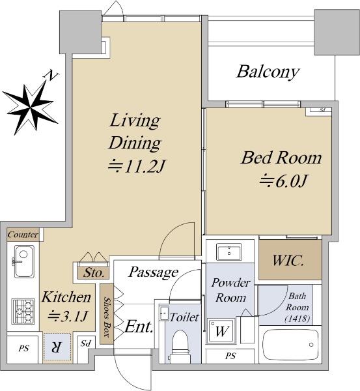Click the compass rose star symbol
pyautogui.click(x=31, y=108)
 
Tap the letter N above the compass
pyautogui.click(x=51, y=76)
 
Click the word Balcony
pyautogui.click(x=268, y=72)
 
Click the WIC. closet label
pyautogui.click(x=288, y=260)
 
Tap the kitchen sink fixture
pyautogui.click(x=24, y=261)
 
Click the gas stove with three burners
pyautogui.click(x=23, y=311)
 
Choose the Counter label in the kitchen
pyautogui.click(x=23, y=235)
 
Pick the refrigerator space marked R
pyautogui.click(x=57, y=347)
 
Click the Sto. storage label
pyautogui.click(x=94, y=273)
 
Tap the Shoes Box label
pyautogui.click(x=107, y=317)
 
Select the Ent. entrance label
pyautogui.click(x=139, y=326)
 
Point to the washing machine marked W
pyautogui.click(x=221, y=330)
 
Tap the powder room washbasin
pyautogui.click(x=229, y=252)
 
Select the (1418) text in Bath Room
pyautogui.click(x=298, y=319)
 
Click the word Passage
pyautogui.click(x=153, y=272)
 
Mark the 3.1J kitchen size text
pyautogui.click(x=68, y=316)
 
